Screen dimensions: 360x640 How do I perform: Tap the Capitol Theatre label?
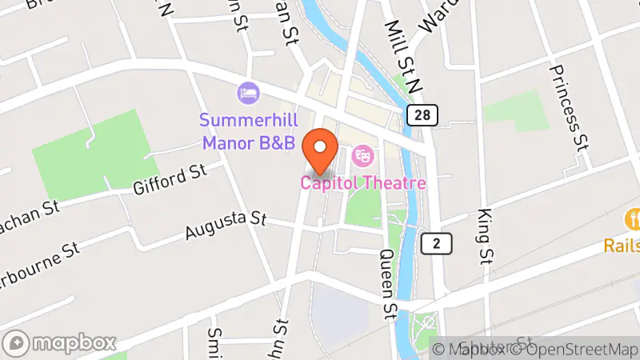coord(362,183)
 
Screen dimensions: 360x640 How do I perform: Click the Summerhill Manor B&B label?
coord(248,132)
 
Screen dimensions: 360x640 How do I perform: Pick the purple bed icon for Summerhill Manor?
coord(248,93)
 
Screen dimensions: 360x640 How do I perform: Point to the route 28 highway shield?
coord(421,115)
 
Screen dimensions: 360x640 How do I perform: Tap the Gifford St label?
coord(170,181)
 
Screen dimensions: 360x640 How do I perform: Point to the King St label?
coord(485,236)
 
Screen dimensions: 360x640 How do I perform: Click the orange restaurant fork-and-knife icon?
coord(634,218)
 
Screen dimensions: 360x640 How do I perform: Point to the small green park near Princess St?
coord(516,110)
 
